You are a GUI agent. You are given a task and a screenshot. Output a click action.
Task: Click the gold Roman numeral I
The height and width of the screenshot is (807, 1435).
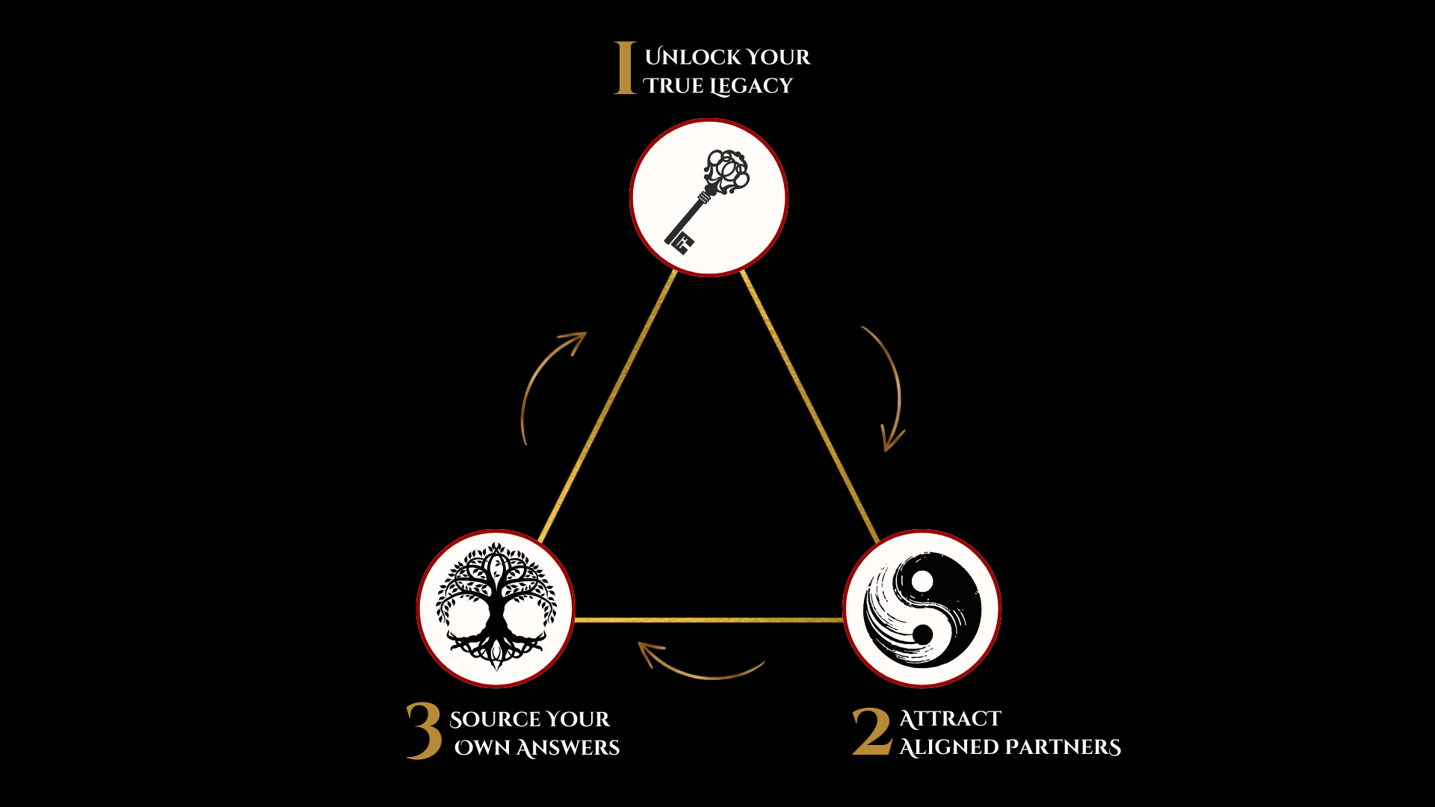click(625, 68)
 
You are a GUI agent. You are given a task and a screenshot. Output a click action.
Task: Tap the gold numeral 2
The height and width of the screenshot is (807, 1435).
click(872, 732)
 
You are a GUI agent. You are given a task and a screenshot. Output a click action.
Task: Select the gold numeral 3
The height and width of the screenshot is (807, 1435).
click(425, 730)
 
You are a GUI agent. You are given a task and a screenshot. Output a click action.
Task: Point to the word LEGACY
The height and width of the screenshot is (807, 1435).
click(750, 87)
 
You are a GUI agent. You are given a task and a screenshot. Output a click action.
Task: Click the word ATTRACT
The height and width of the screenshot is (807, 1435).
click(950, 719)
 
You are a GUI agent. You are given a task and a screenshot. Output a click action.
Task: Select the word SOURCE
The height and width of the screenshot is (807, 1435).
click(496, 720)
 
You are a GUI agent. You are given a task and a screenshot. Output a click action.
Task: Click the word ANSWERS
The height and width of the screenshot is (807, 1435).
click(567, 748)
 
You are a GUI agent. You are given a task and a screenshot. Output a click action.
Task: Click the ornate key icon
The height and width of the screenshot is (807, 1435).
click(707, 200)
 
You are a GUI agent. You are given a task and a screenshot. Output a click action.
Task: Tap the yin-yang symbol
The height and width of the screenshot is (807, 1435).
click(922, 609)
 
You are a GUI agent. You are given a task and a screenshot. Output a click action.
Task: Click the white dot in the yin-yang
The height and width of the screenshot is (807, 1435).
click(923, 581)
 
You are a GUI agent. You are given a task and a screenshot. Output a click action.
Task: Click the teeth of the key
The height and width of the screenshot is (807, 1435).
click(680, 242)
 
